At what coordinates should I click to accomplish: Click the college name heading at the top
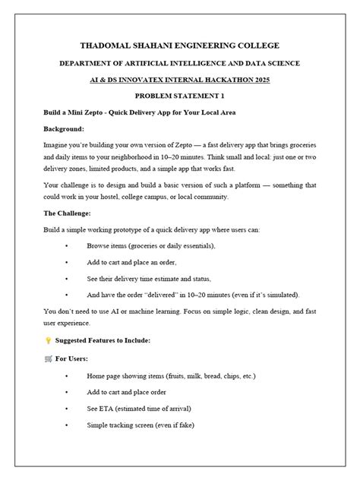(179, 46)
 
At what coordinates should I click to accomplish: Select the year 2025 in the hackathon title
(260, 79)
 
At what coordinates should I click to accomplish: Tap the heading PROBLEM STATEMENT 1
(179, 96)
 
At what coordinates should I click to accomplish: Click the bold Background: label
(63, 128)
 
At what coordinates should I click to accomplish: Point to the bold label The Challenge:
(68, 213)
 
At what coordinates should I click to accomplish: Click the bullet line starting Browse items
(151, 246)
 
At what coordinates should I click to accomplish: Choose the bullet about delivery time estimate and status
(148, 278)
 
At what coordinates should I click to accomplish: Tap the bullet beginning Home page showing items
(171, 375)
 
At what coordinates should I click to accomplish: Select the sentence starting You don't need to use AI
(179, 311)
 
